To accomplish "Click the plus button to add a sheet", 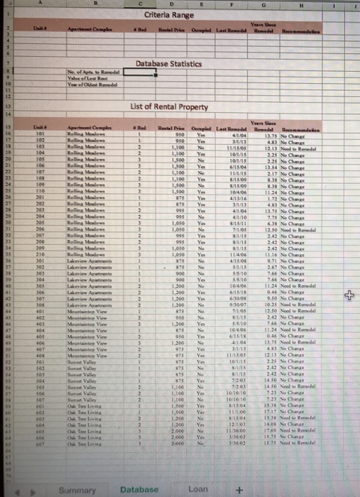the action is [x=239, y=489].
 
